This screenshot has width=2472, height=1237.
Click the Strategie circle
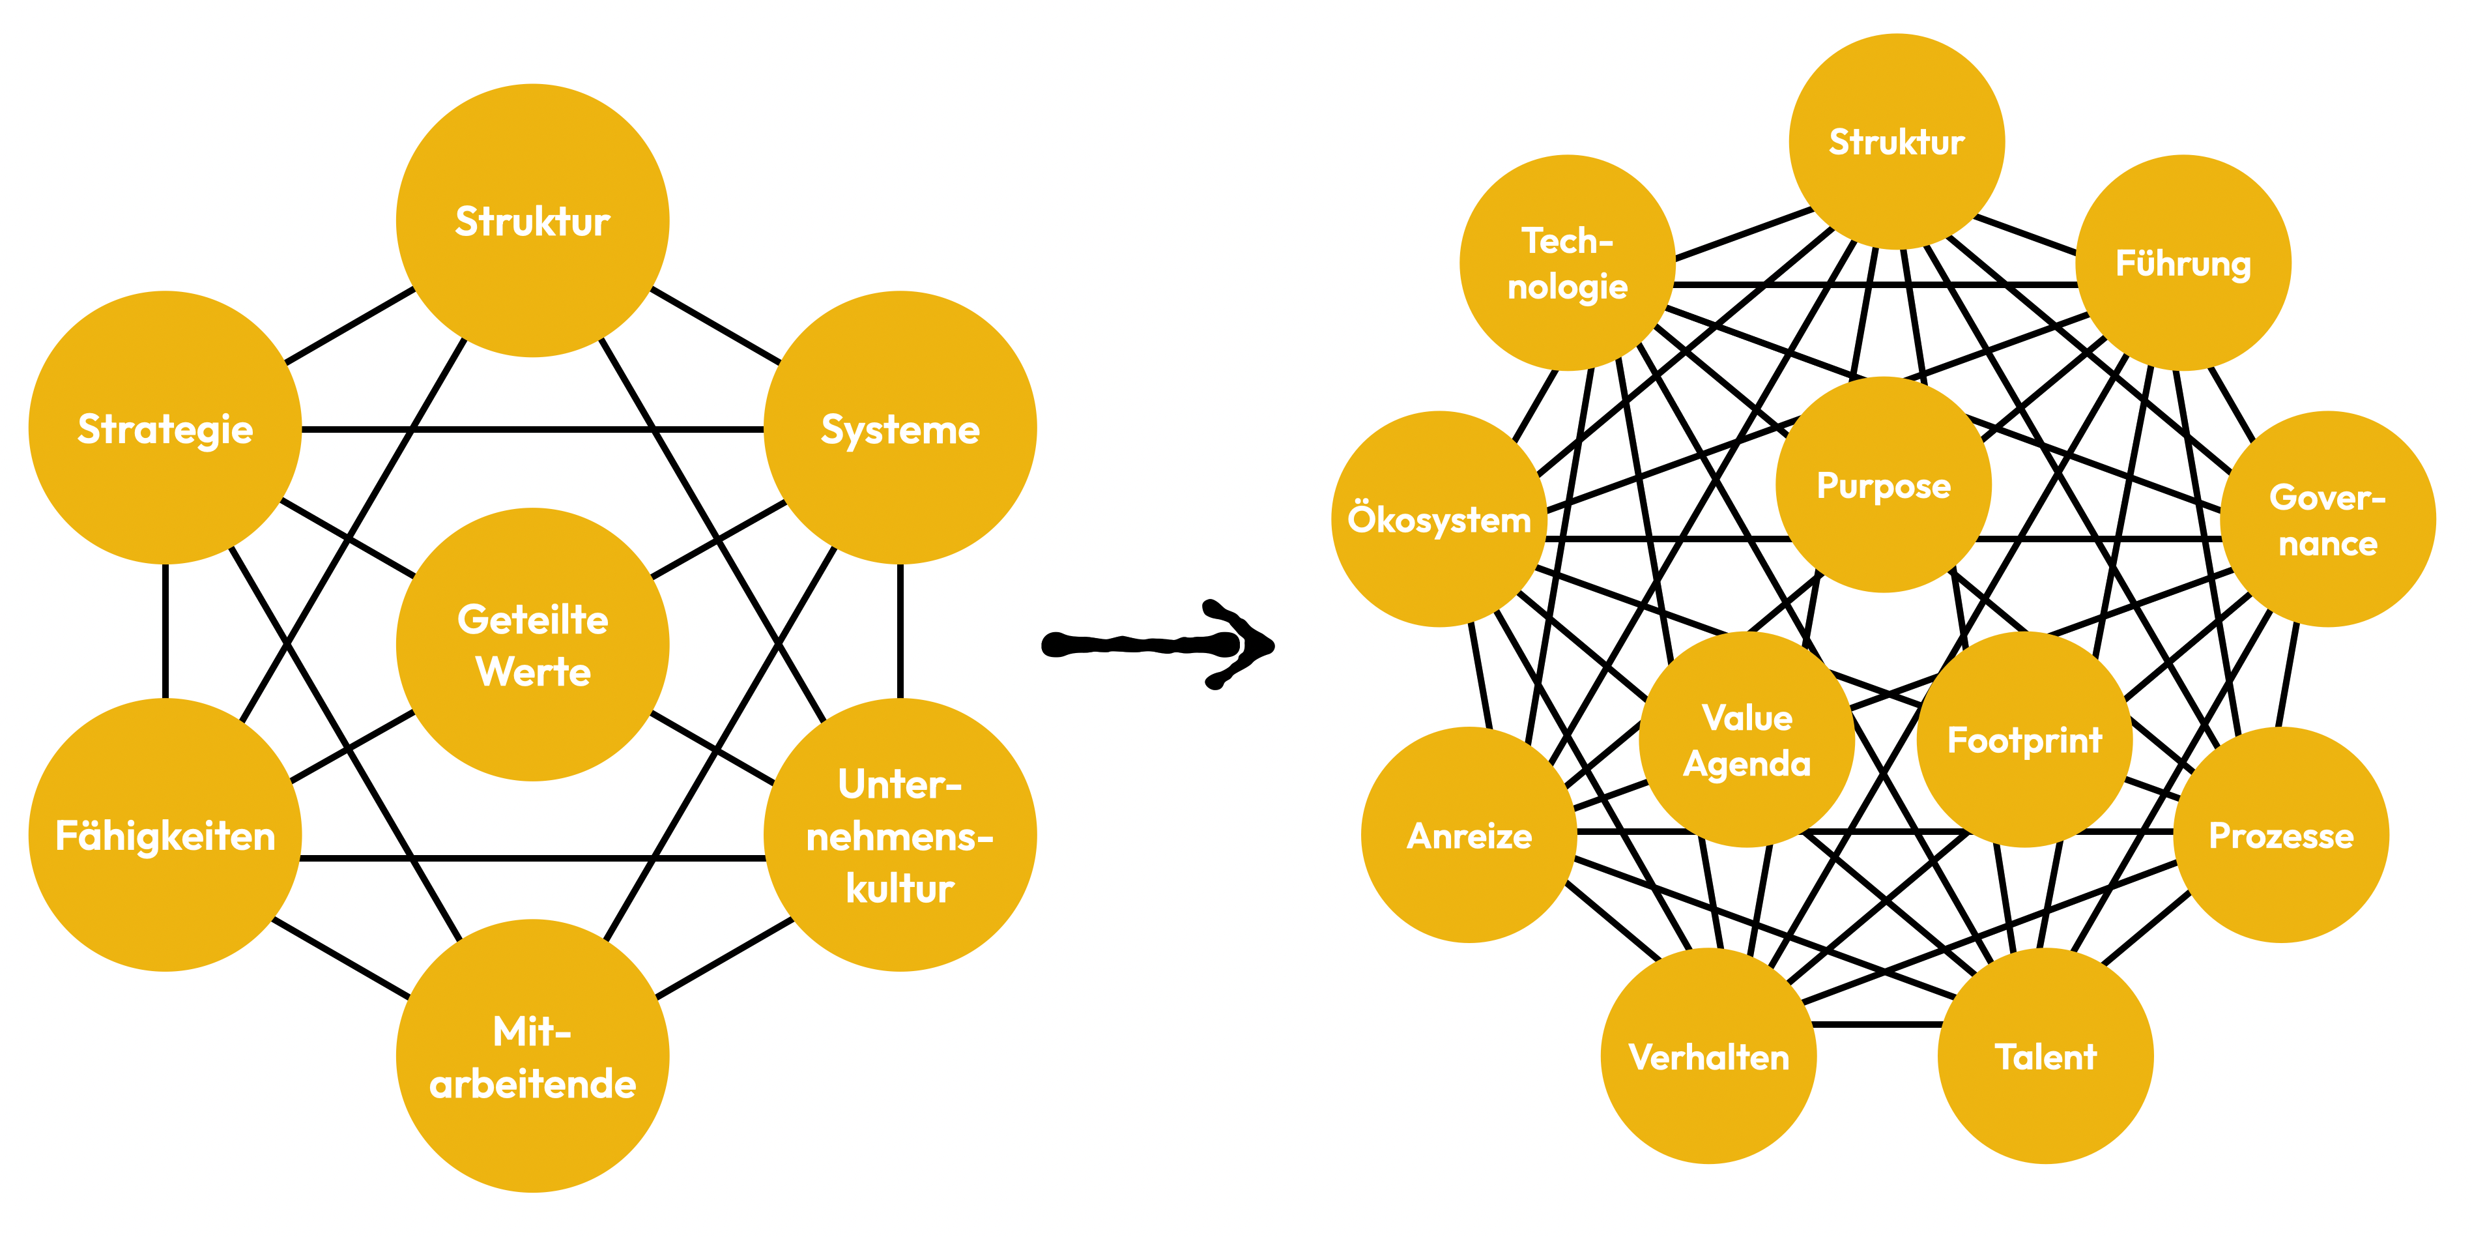pos(165,428)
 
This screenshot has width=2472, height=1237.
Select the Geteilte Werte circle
pos(532,644)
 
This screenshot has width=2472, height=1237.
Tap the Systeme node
pos(900,428)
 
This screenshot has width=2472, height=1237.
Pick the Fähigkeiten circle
pos(165,835)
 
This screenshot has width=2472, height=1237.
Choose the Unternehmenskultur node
pos(900,835)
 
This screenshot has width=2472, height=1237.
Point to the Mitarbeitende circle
pos(532,1056)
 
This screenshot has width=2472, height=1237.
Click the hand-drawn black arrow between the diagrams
pos(1157,644)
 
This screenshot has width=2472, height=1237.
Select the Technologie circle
pos(1567,262)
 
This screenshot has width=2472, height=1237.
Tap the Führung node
pos(2183,262)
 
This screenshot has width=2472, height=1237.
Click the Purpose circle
pos(1883,485)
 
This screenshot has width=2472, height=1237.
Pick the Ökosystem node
pos(1439,519)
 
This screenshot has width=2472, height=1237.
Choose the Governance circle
pos(2328,519)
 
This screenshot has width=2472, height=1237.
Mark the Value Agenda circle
pos(1747,739)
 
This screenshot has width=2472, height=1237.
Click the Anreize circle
pos(1469,835)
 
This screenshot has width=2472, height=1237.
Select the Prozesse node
pos(2281,835)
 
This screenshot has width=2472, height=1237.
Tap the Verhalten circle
pos(1709,1056)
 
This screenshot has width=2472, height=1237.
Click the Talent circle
pos(2046,1056)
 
